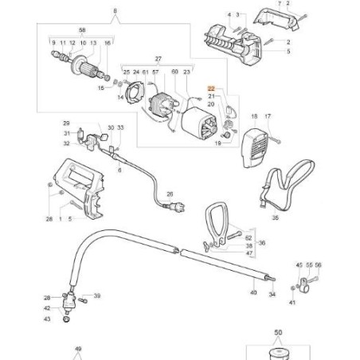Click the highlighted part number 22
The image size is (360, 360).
212,89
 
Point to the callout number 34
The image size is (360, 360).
273,294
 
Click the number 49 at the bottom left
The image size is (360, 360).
78,350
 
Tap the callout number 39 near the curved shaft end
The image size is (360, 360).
97,295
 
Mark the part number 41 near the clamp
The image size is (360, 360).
292,303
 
